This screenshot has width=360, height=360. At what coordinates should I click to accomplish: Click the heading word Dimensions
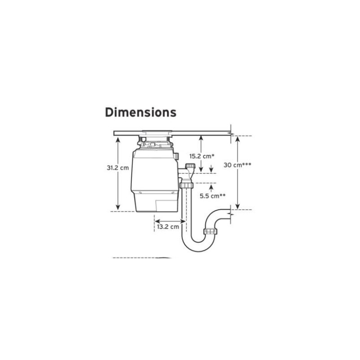tap(140, 112)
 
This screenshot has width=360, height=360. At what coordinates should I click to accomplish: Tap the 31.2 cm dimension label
tap(118, 168)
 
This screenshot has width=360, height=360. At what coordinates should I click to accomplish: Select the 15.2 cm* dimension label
tap(202, 156)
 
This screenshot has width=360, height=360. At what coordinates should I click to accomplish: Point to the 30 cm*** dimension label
tap(238, 165)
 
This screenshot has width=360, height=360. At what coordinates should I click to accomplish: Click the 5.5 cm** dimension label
tap(212, 196)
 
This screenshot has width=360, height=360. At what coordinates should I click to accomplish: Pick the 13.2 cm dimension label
tap(168, 227)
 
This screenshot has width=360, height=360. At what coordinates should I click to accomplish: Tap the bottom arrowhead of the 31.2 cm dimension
tap(118, 207)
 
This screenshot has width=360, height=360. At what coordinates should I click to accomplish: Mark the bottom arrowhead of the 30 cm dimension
tap(238, 207)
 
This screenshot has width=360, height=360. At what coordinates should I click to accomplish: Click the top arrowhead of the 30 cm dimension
tap(238, 139)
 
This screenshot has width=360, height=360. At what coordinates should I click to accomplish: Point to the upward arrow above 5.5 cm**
tap(211, 188)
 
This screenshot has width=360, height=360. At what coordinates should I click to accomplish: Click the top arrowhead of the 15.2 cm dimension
tap(201, 138)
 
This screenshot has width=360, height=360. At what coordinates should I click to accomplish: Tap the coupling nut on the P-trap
tap(211, 231)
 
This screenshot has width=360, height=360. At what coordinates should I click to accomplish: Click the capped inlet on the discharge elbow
tap(190, 166)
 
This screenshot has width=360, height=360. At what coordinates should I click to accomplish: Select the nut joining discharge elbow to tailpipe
tap(186, 185)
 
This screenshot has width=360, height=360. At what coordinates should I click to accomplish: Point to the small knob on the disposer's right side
tap(176, 156)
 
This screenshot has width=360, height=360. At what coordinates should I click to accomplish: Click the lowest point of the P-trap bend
tap(198, 252)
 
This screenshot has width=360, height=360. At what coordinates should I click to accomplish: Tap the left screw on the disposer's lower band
tap(140, 193)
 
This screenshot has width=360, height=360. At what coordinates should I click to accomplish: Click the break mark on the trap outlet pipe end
tap(231, 214)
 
